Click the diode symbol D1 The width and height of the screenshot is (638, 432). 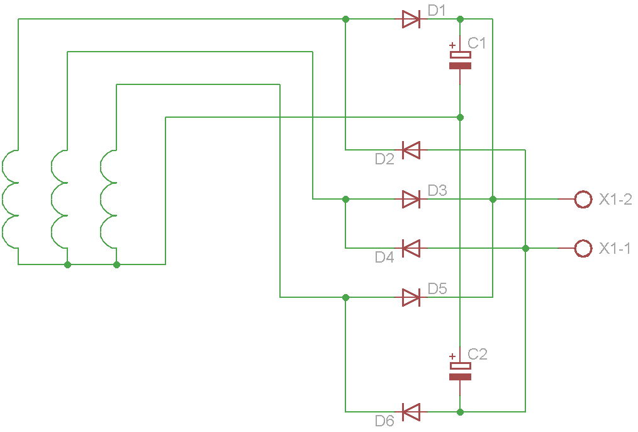[x=411, y=20]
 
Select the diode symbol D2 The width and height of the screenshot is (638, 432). [x=411, y=150]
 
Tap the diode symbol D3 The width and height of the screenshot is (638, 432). [x=411, y=200]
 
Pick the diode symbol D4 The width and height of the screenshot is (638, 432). [x=411, y=249]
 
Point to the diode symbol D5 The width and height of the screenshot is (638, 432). [x=411, y=297]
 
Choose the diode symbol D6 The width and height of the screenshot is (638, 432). [x=411, y=412]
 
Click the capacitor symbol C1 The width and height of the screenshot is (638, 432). [x=461, y=60]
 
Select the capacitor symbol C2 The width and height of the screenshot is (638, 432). [x=461, y=372]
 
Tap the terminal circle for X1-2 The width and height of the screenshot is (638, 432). [x=583, y=200]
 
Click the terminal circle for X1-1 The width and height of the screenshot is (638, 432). [x=583, y=249]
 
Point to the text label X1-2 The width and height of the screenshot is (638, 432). [x=615, y=200]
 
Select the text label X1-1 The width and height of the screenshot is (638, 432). [x=615, y=249]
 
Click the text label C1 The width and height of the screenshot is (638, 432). [x=478, y=43]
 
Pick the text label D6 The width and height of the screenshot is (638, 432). [x=384, y=421]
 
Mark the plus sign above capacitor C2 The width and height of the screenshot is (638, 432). [x=452, y=356]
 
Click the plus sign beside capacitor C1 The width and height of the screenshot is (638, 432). [x=452, y=45]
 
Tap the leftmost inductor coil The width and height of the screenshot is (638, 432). [x=11, y=199]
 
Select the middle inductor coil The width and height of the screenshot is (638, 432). [x=60, y=199]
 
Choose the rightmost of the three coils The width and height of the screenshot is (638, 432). [x=109, y=199]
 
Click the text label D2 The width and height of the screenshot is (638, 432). [x=384, y=159]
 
